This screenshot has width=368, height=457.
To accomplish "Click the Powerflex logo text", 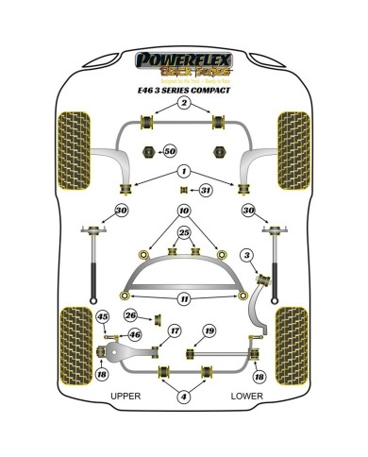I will (x=184, y=59).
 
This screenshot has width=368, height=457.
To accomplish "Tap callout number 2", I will (x=184, y=102).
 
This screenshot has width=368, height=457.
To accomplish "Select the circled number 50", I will (x=170, y=151).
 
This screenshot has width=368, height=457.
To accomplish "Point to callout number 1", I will (x=184, y=170).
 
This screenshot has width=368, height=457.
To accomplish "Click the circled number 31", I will (x=206, y=191).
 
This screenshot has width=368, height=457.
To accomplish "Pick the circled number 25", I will (x=184, y=233).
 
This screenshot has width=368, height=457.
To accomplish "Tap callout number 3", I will (x=247, y=255).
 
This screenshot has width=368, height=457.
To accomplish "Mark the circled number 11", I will (x=184, y=298).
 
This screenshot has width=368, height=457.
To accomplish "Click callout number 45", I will (x=103, y=316).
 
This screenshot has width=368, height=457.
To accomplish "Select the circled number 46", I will (x=134, y=334).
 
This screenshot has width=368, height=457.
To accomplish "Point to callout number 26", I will (x=132, y=314).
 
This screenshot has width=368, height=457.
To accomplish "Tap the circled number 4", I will (x=184, y=397).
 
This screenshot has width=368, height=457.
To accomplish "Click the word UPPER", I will (x=125, y=397).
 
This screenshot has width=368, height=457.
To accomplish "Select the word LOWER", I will (x=246, y=397).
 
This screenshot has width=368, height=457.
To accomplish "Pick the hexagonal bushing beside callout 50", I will (x=148, y=151).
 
